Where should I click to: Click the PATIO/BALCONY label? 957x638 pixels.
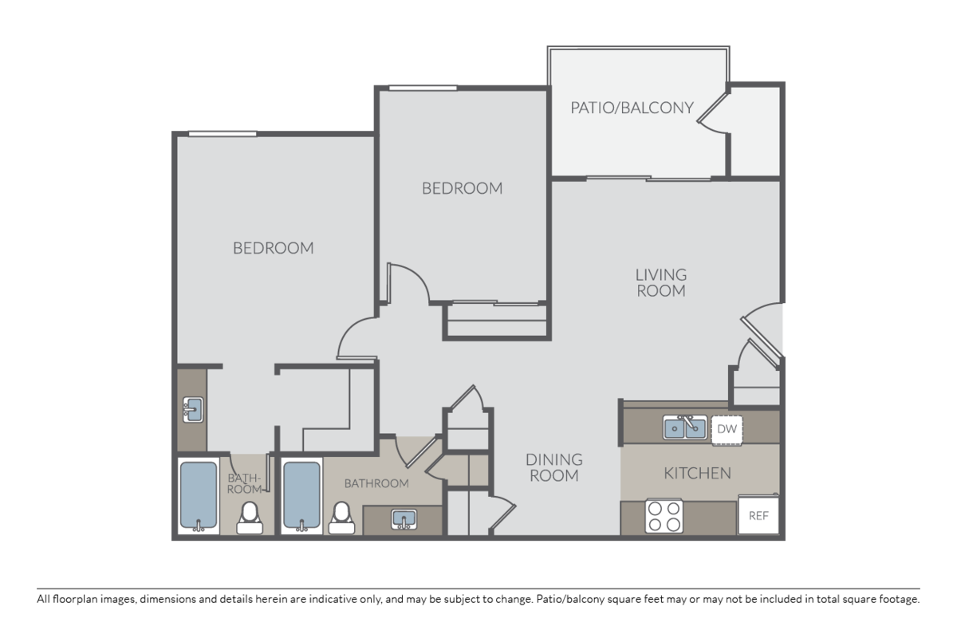(632, 107)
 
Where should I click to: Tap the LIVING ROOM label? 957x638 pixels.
(660, 282)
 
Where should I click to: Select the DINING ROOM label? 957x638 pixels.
(553, 467)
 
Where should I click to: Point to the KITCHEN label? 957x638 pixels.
(697, 473)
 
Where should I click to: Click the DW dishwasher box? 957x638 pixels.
(726, 428)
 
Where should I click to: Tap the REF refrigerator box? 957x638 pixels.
(758, 515)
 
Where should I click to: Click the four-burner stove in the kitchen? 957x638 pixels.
(664, 515)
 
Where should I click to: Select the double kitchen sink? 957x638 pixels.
(684, 427)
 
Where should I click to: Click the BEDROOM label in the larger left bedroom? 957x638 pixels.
(273, 248)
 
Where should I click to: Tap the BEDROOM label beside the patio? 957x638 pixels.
(462, 188)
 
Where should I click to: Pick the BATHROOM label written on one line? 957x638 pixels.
(376, 483)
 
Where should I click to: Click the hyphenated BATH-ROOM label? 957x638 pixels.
(244, 483)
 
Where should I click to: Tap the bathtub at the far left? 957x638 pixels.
(198, 496)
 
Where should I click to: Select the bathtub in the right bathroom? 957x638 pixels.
(301, 496)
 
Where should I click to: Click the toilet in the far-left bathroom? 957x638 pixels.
(250, 516)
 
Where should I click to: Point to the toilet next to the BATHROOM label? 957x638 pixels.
(342, 516)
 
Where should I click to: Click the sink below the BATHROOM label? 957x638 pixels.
(404, 519)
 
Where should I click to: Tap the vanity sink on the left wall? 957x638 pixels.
(191, 410)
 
